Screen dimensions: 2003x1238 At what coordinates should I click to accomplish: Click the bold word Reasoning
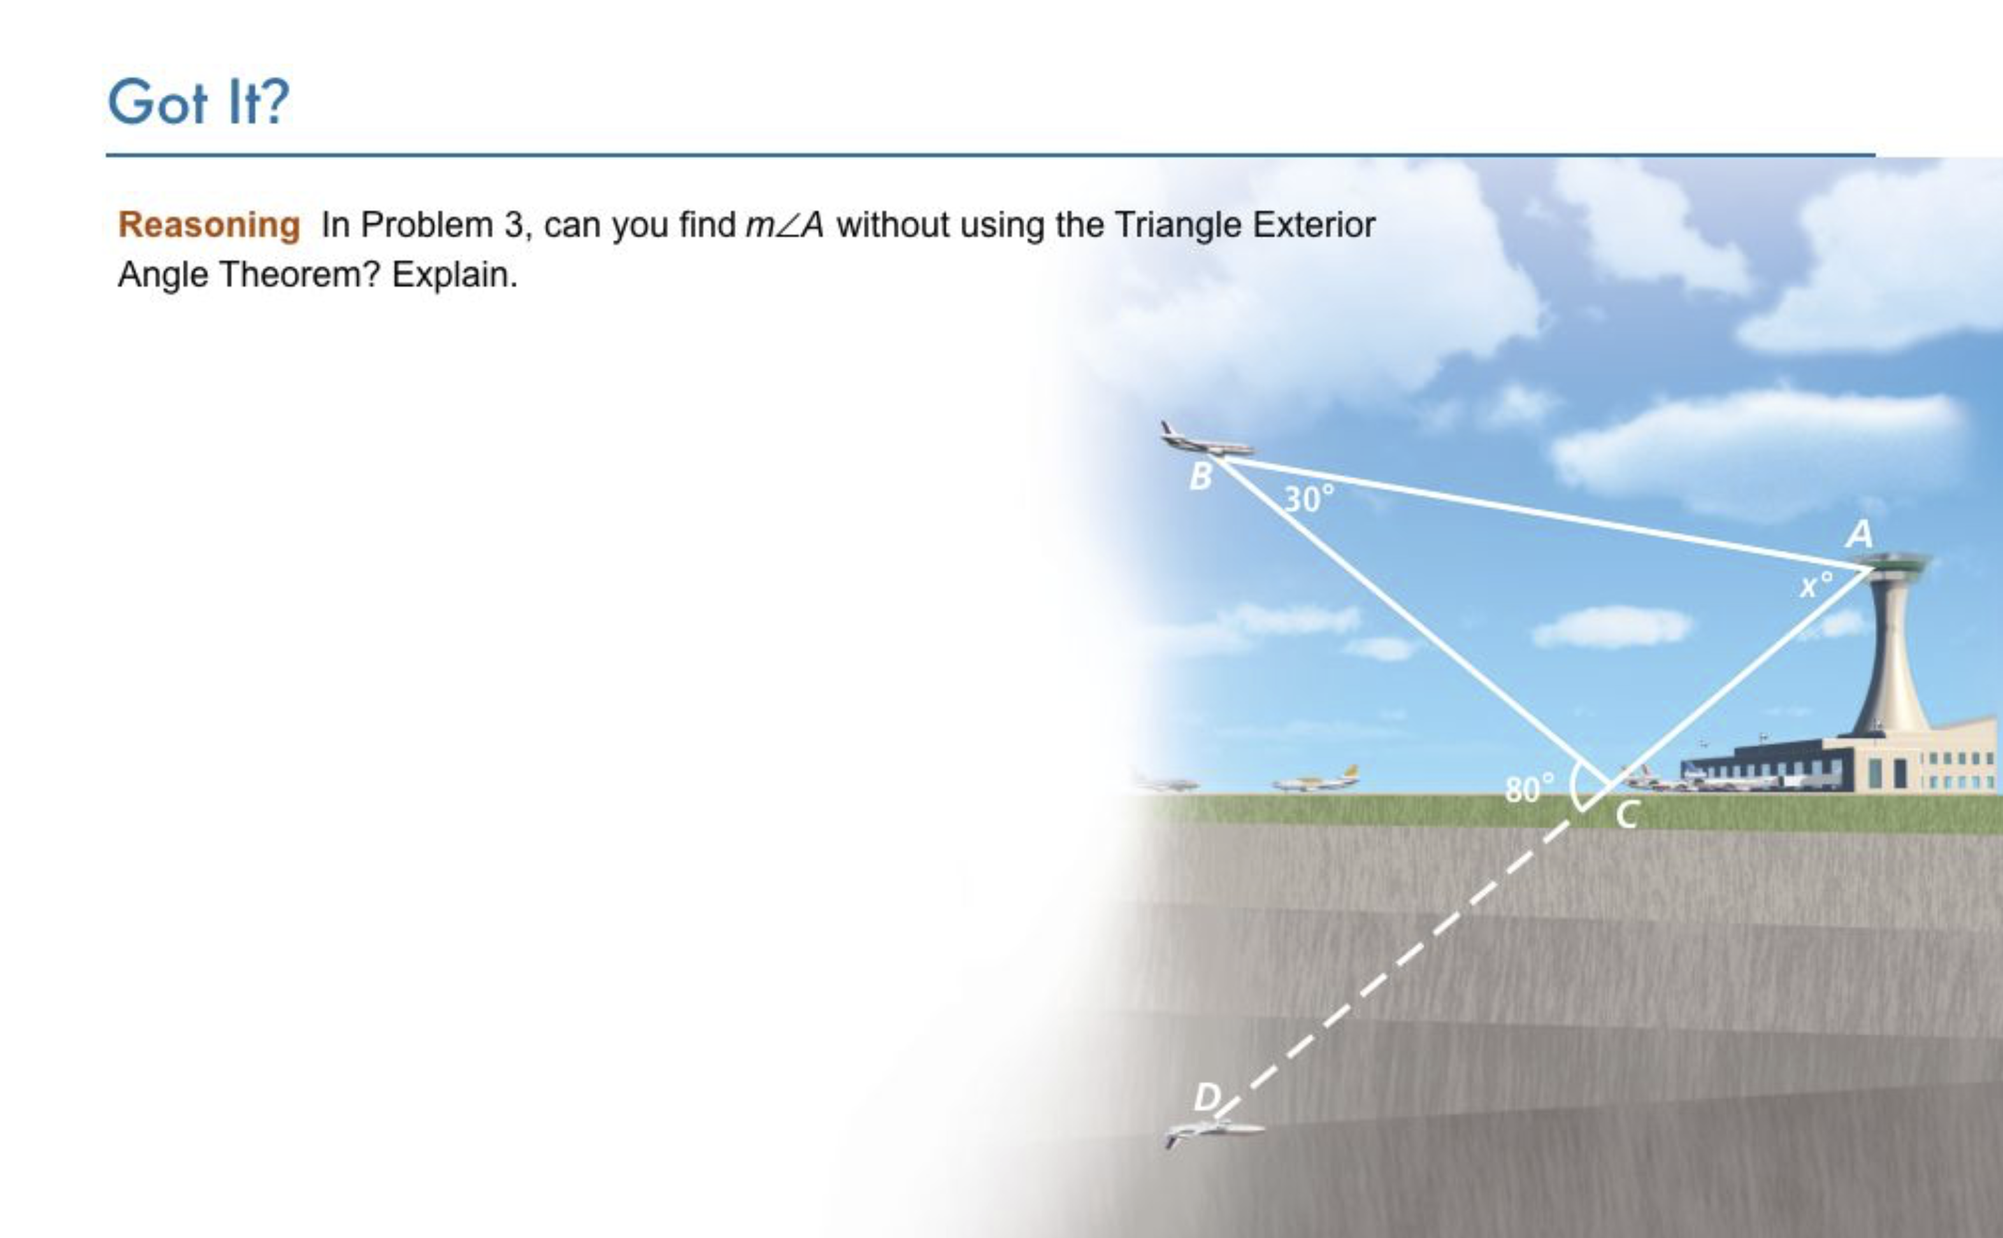point(209,225)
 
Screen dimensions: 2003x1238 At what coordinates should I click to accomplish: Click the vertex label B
point(1200,476)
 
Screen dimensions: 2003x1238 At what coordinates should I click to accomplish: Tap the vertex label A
point(1860,535)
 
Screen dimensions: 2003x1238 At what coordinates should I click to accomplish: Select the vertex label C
point(1628,815)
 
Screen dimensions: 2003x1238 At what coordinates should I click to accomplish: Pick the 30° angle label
point(1309,499)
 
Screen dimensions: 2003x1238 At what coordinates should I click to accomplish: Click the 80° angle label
point(1529,788)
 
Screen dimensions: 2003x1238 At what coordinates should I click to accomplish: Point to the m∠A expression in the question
point(784,225)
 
